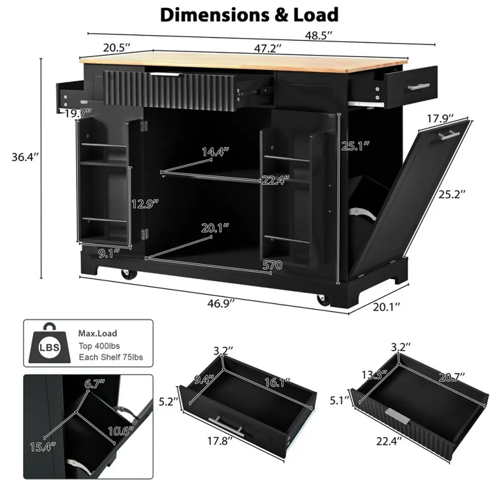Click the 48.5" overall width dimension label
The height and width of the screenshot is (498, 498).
point(319,35)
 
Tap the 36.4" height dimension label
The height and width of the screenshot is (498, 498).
point(25,157)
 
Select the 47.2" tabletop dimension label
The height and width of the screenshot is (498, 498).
point(267,48)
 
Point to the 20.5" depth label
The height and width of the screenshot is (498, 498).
point(117,48)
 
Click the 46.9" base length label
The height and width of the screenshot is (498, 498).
point(221,303)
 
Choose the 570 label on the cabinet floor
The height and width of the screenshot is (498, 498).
point(272,265)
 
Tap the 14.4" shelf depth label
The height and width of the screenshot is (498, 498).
point(215,152)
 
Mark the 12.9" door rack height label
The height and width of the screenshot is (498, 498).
point(145,204)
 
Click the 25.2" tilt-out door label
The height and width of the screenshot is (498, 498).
point(452,194)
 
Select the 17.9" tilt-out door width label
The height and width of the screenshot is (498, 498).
point(440,119)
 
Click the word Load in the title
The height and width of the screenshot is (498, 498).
point(316,15)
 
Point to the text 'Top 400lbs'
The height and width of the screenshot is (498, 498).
point(99,346)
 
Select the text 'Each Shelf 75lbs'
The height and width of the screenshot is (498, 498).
point(111,357)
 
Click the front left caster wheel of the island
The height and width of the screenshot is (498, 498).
point(128,274)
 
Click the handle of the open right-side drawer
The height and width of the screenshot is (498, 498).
point(419,87)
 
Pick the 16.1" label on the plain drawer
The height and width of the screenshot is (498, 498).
point(277,382)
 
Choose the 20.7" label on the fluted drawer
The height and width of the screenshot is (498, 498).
point(452,377)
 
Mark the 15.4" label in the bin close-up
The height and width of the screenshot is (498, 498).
point(43,447)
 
